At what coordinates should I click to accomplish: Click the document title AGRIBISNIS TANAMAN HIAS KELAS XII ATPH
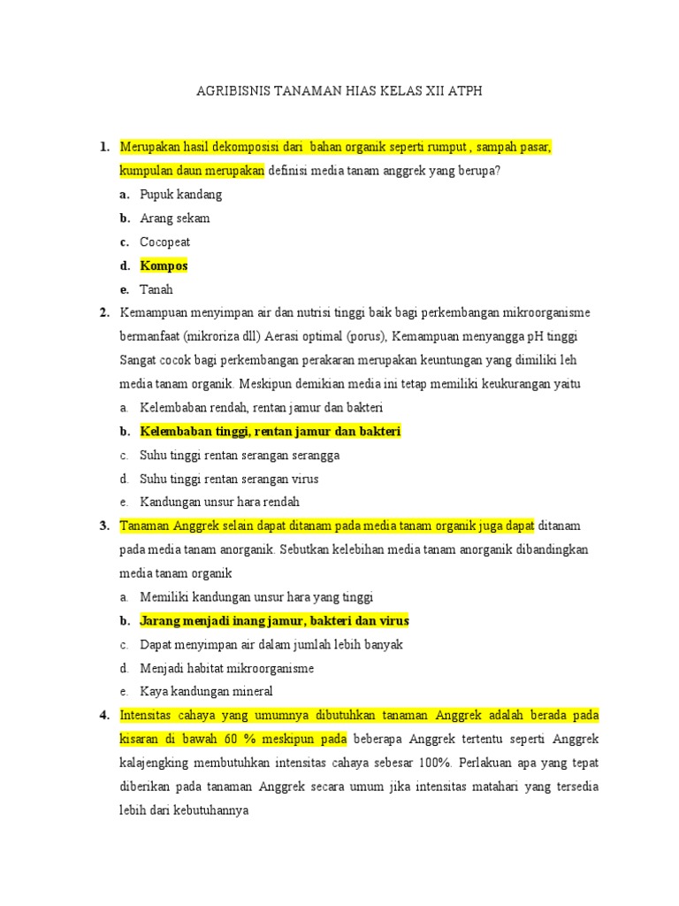click(x=339, y=90)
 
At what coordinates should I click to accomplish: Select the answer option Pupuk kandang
click(x=180, y=194)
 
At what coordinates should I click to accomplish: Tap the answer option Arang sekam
click(x=174, y=218)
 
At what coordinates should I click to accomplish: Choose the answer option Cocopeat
click(x=164, y=242)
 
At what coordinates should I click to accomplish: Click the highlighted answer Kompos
click(x=164, y=265)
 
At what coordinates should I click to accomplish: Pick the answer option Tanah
click(x=156, y=289)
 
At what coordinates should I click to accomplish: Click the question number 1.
click(x=104, y=146)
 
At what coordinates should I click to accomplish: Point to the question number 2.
click(x=104, y=312)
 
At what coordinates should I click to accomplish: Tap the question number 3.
click(x=104, y=526)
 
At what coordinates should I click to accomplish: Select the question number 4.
click(x=104, y=714)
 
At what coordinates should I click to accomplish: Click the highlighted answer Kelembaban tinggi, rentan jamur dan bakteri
click(x=271, y=431)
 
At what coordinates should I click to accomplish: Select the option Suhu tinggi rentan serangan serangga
click(x=240, y=455)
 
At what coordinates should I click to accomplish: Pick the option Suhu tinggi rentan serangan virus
click(x=229, y=479)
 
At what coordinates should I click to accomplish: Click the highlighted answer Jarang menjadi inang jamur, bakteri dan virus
click(x=274, y=620)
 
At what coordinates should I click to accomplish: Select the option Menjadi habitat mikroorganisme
click(x=226, y=668)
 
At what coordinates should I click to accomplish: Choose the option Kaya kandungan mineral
click(x=206, y=692)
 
